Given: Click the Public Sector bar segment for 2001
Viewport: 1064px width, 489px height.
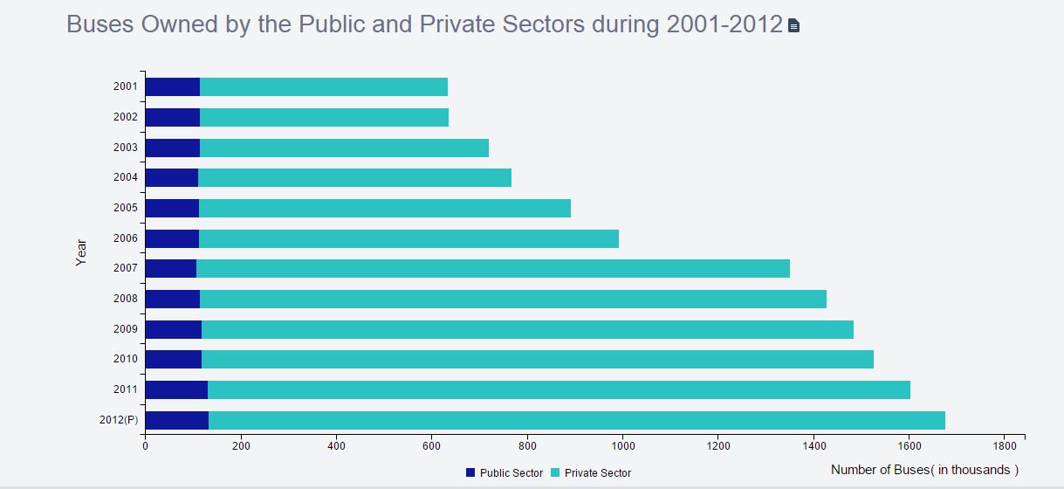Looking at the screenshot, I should pyautogui.click(x=172, y=86).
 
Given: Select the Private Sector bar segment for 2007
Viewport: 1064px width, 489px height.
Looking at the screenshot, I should pyautogui.click(x=493, y=268).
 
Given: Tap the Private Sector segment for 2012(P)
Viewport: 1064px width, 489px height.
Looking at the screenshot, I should pyautogui.click(x=576, y=420).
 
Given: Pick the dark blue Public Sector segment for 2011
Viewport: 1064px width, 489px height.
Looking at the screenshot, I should pyautogui.click(x=176, y=389).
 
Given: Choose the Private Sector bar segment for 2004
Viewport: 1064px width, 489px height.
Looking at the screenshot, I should pyautogui.click(x=354, y=177).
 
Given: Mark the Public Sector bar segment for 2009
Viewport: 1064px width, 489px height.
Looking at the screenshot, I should pyautogui.click(x=173, y=329).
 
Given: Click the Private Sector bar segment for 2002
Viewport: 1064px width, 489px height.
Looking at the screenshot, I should pyautogui.click(x=324, y=117).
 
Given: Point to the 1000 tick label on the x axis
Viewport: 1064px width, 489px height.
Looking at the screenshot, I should pyautogui.click(x=622, y=445).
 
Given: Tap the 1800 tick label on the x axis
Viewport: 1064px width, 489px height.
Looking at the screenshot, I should pyautogui.click(x=1004, y=445).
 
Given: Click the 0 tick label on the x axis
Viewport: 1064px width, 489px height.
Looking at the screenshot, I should pyautogui.click(x=145, y=445).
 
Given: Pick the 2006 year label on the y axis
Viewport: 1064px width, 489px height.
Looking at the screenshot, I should pyautogui.click(x=126, y=238).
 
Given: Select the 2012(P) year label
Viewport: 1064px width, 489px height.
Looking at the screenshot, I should pyautogui.click(x=119, y=420).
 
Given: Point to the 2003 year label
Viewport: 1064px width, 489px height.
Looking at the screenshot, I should pyautogui.click(x=126, y=148).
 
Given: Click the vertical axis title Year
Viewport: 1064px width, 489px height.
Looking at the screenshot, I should pyautogui.click(x=81, y=252).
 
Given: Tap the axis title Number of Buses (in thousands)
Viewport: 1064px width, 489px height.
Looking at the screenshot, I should pyautogui.click(x=924, y=470).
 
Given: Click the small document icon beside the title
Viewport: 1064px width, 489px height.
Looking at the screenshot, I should pyautogui.click(x=793, y=26).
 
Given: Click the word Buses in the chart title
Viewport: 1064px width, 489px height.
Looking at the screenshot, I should pyautogui.click(x=100, y=24).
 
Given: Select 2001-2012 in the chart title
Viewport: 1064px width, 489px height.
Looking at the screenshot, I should pyautogui.click(x=724, y=24).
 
